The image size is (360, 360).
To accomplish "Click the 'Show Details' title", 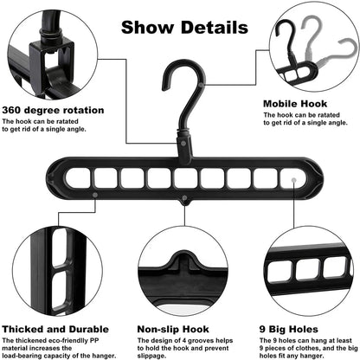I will pos(183,26).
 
